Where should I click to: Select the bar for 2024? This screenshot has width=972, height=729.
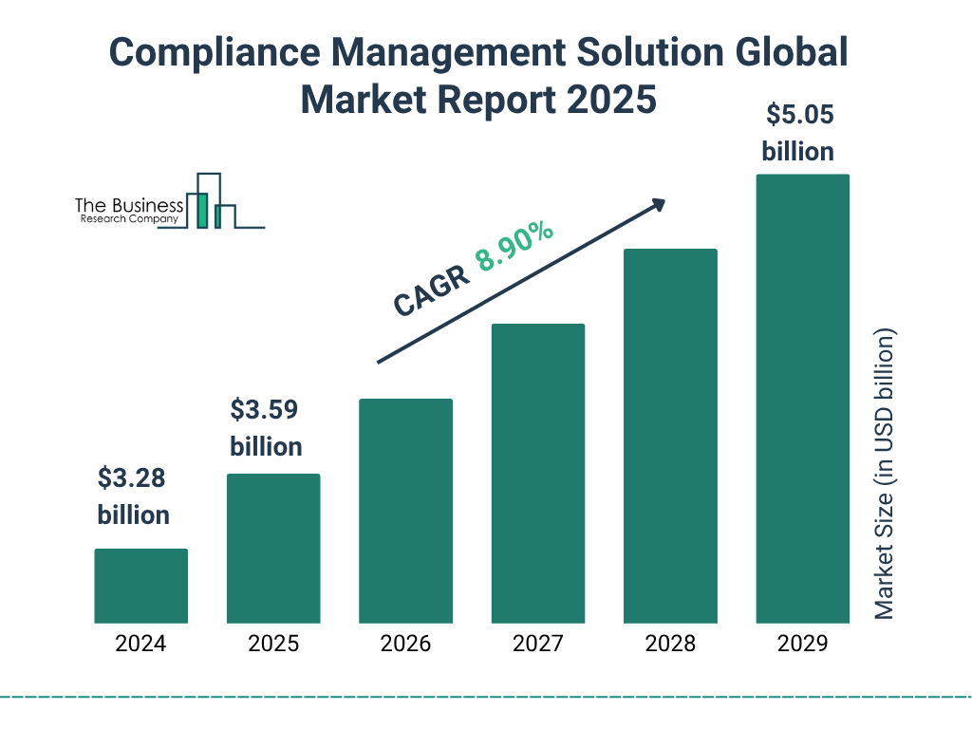(140, 586)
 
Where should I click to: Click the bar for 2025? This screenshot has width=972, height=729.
(273, 549)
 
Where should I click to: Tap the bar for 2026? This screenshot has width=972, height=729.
(405, 511)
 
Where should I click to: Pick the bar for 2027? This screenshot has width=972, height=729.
(538, 474)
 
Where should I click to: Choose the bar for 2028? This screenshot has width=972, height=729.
(670, 436)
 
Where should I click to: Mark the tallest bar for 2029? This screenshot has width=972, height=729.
(802, 399)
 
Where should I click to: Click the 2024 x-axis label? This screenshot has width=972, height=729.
(140, 644)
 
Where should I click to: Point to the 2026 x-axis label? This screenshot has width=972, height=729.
(405, 644)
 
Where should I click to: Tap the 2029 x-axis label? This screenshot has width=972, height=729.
(802, 644)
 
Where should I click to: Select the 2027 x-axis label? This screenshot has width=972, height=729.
(538, 644)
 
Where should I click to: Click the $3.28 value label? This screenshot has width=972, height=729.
(133, 478)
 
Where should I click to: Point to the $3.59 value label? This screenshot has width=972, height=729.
(265, 410)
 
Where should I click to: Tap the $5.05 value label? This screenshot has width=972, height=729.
(799, 116)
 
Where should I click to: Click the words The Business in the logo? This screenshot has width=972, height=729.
(129, 206)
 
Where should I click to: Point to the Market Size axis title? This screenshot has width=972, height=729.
(885, 475)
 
